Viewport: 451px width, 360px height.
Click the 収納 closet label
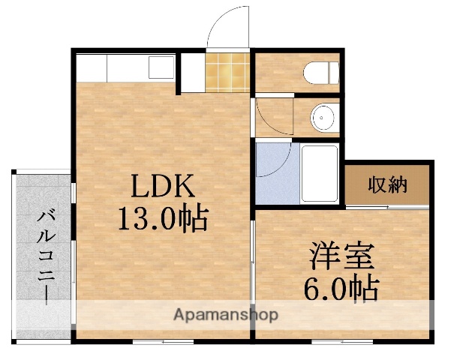[x=387, y=184]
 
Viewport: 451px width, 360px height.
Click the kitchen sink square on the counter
[x=161, y=67]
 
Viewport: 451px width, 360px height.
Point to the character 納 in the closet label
[x=398, y=184]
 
